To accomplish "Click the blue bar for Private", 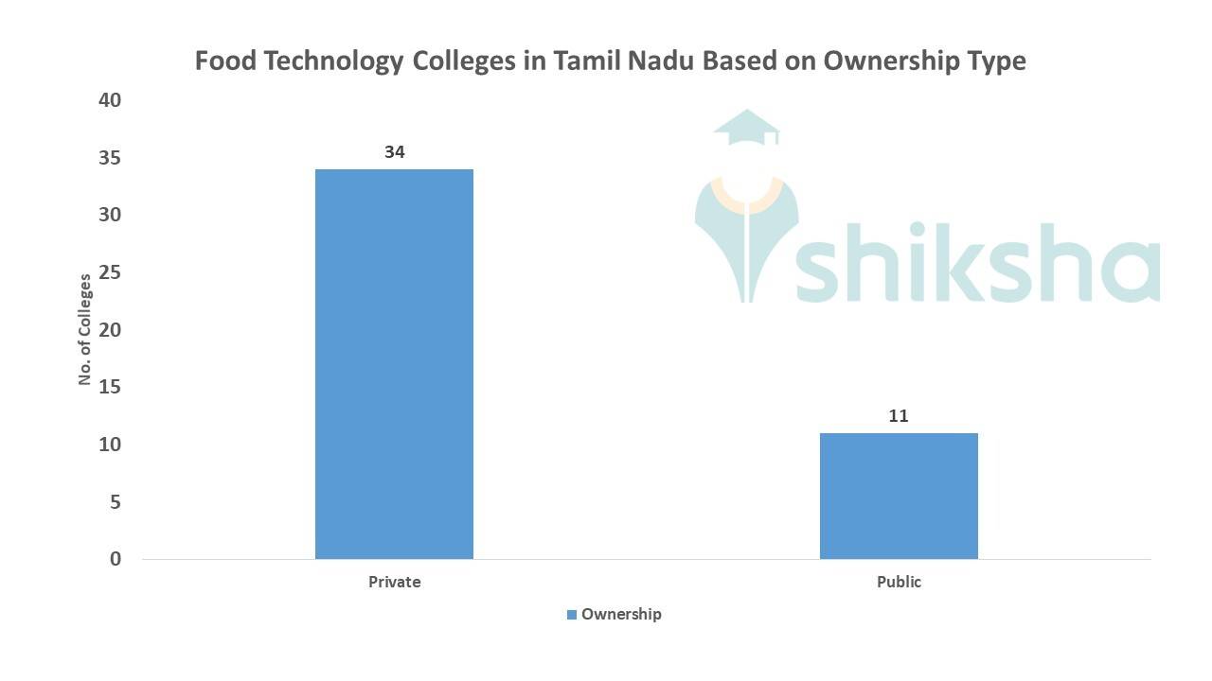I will [394, 363].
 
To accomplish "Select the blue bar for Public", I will [899, 496].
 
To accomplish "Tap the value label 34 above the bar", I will [395, 151].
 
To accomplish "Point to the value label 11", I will [899, 415].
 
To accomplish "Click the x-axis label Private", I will [394, 582].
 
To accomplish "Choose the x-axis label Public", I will [899, 582].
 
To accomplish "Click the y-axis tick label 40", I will [110, 100].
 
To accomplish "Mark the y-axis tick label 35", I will [110, 158].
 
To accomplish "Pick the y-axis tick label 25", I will [110, 272].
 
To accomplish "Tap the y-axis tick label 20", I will [110, 330].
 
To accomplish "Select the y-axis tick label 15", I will [110, 387].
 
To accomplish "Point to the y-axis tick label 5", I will [116, 502].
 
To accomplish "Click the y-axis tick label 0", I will [116, 559].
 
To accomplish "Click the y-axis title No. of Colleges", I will [85, 329].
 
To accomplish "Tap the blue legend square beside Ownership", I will [572, 615].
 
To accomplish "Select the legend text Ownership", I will [621, 614].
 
